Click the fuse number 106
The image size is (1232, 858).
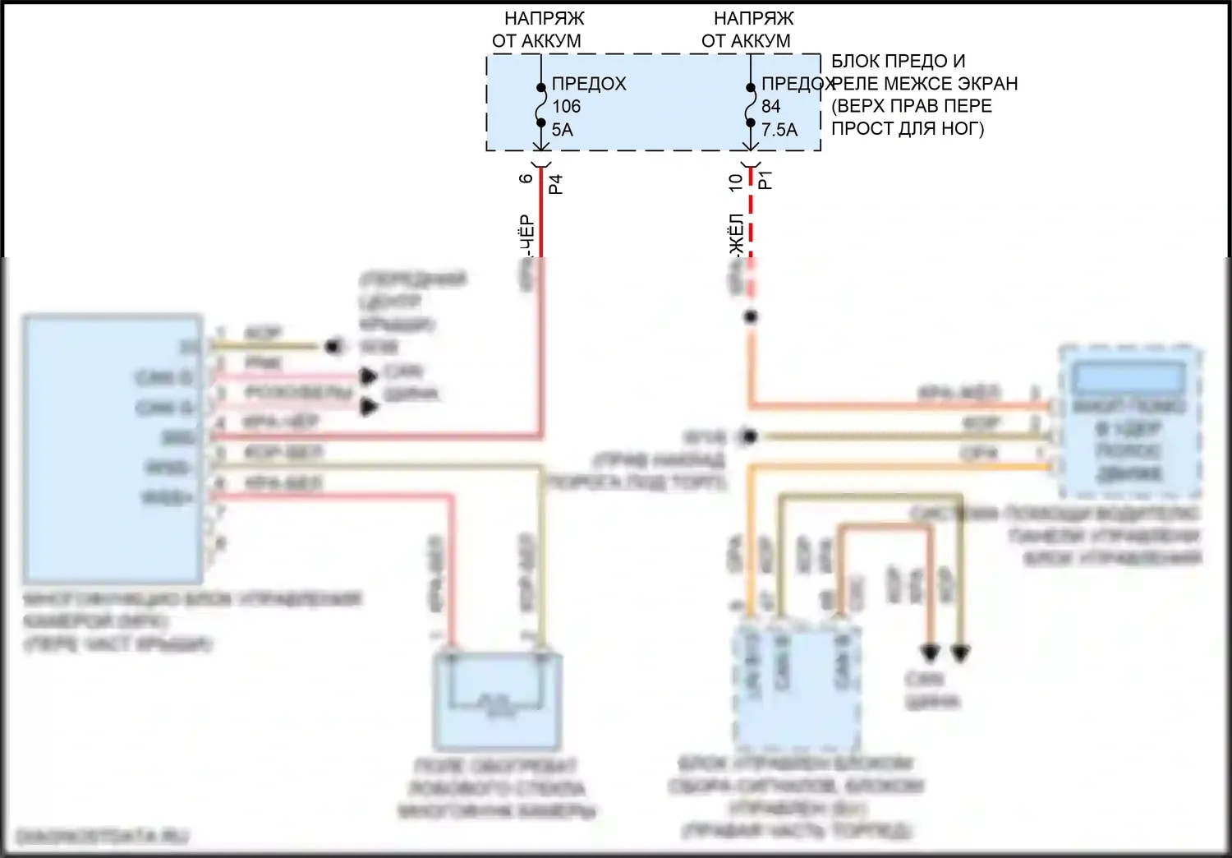point(566,107)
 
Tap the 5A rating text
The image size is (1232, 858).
point(563,130)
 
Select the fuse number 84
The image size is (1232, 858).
point(770,107)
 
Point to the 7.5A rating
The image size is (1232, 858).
point(779,130)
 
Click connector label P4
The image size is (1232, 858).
point(556,183)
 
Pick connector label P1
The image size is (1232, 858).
point(765,180)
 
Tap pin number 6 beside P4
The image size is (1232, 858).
point(526,178)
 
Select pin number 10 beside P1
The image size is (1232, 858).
point(736,182)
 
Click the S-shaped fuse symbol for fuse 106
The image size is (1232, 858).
point(541,105)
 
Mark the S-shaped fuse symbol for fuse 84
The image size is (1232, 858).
point(751,105)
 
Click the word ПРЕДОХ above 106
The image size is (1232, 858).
point(589,84)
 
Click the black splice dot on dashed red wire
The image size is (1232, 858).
point(750,316)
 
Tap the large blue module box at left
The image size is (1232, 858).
point(113,448)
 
